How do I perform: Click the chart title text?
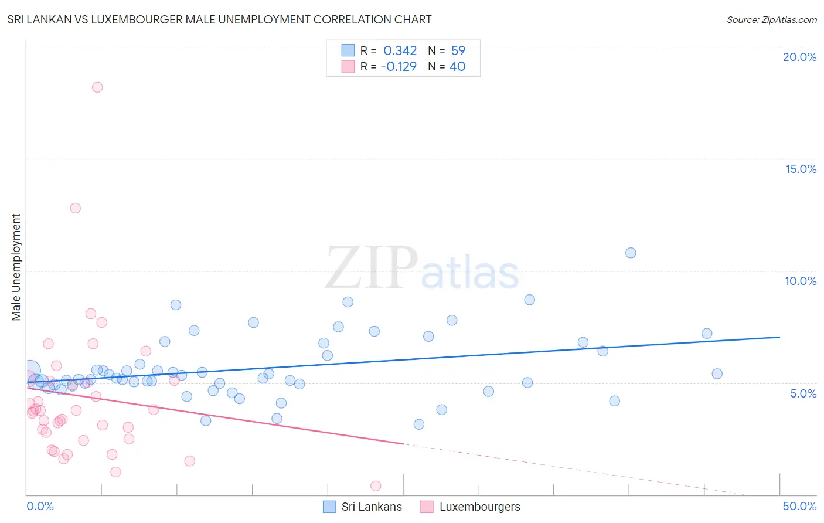pyautogui.click(x=219, y=20)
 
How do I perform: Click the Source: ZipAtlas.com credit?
pyautogui.click(x=771, y=20)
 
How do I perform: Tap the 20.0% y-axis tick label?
pyautogui.click(x=799, y=57)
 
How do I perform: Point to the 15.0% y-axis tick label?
pyautogui.click(x=801, y=169)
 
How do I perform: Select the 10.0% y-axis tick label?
pyautogui.click(x=801, y=281)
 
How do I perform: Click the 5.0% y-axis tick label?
pyautogui.click(x=803, y=393)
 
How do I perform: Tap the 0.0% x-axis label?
pyautogui.click(x=40, y=506)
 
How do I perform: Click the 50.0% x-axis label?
pyautogui.click(x=799, y=506)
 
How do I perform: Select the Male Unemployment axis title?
pyautogui.click(x=16, y=267)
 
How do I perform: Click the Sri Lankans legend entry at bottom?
pyautogui.click(x=363, y=507)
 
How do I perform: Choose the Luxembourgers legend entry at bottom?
pyautogui.click(x=471, y=507)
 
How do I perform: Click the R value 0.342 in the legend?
pyautogui.click(x=400, y=51)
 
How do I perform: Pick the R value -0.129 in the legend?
pyautogui.click(x=399, y=67)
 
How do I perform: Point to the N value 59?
pyautogui.click(x=458, y=51)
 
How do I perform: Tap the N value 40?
pyautogui.click(x=457, y=67)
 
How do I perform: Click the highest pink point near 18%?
pyautogui.click(x=97, y=87)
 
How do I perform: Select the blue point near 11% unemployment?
pyautogui.click(x=631, y=253)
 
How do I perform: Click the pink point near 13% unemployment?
pyautogui.click(x=75, y=208)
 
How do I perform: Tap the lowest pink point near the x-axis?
pyautogui.click(x=376, y=485)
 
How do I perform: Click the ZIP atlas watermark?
pyautogui.click(x=422, y=269)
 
